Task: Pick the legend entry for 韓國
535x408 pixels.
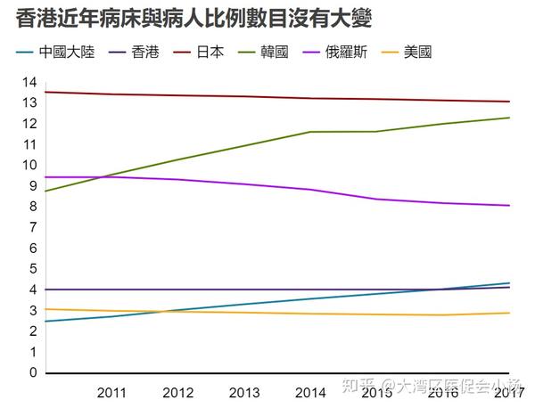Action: (x=275, y=53)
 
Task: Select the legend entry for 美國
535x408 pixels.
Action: (x=417, y=53)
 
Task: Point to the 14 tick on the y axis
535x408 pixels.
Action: (x=29, y=83)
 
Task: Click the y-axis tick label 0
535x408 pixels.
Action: (x=33, y=372)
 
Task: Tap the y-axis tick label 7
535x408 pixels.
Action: (x=33, y=227)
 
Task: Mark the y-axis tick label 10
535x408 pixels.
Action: (x=29, y=166)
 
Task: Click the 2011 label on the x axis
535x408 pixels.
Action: (x=111, y=392)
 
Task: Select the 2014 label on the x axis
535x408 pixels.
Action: (x=310, y=392)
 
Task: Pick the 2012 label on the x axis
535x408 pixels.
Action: (x=177, y=392)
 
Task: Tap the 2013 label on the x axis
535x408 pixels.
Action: (x=243, y=392)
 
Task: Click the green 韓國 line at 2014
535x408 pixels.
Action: (x=310, y=132)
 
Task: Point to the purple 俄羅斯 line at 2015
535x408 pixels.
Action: (x=376, y=199)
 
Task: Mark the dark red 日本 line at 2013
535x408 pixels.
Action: (x=243, y=96)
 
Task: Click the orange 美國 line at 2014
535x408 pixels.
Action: (x=310, y=314)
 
